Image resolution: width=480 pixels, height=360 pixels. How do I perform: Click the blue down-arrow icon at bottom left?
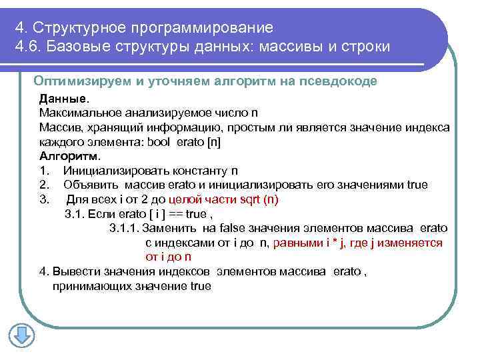[21, 335]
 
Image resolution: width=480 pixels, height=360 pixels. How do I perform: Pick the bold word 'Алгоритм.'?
[70, 156]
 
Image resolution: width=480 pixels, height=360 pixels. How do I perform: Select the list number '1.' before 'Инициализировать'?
[44, 171]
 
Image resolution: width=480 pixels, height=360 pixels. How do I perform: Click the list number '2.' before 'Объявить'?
[44, 185]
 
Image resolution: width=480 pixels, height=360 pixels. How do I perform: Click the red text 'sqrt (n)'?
[260, 199]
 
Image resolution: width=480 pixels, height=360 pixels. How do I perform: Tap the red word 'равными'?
[295, 243]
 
